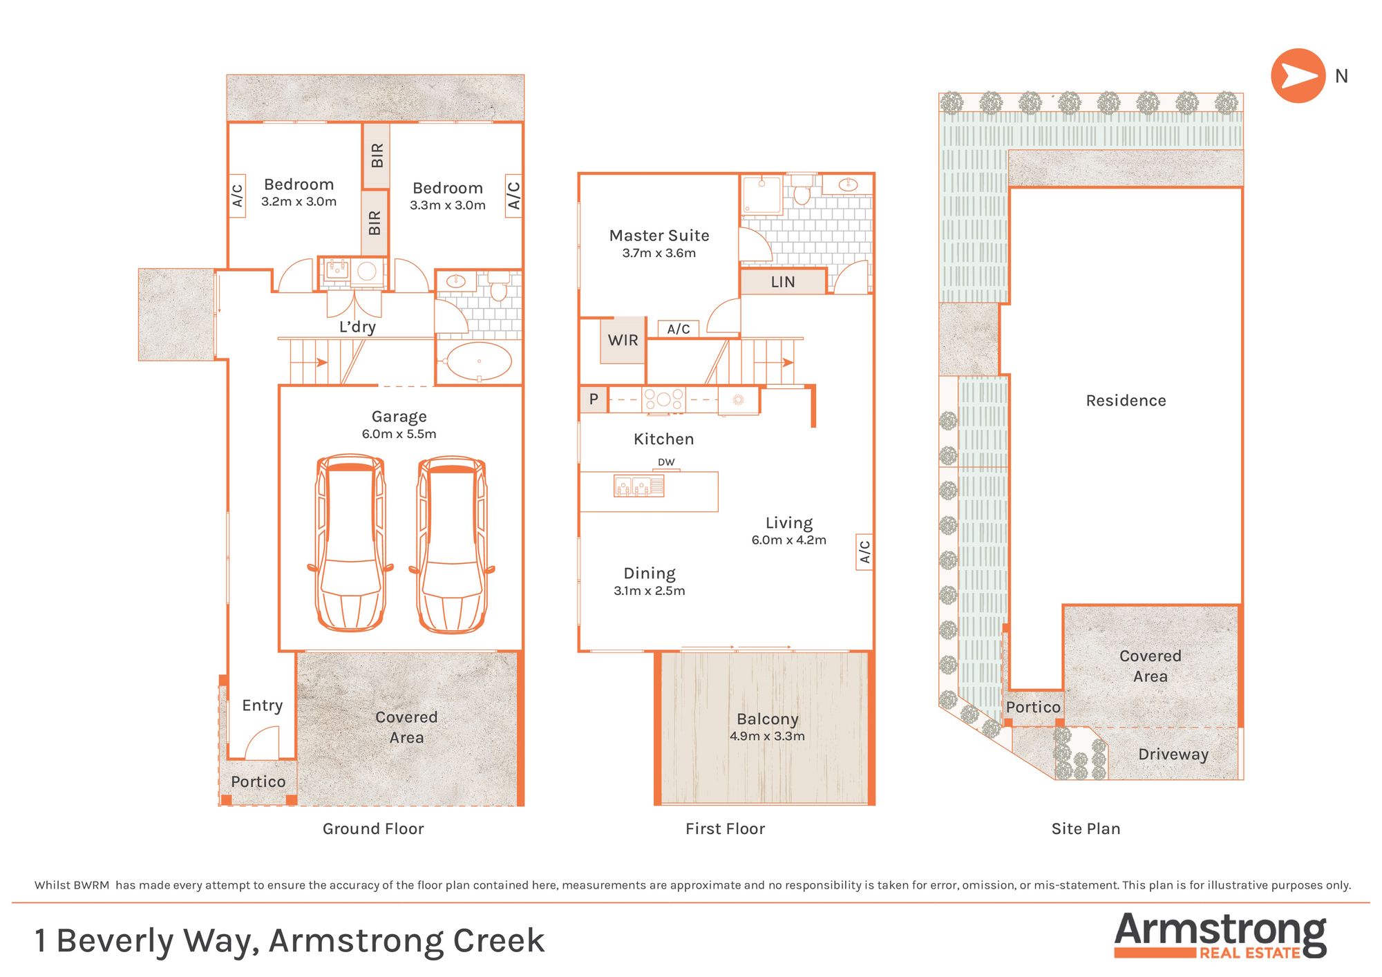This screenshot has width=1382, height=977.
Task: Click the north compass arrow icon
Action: [x=1298, y=76]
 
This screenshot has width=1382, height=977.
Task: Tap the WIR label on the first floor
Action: [x=623, y=340]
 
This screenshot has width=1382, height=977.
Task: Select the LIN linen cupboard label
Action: [x=783, y=282]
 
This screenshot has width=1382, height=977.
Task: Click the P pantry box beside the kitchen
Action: [x=594, y=399]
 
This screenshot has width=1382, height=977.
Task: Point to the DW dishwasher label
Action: [x=666, y=462]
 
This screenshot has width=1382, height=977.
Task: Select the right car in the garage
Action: [x=452, y=544]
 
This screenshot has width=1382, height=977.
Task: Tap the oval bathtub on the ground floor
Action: [x=480, y=361]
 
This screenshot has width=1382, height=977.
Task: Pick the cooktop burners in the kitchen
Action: [x=663, y=399]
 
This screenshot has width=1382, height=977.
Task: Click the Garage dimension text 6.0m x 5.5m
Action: [x=399, y=434]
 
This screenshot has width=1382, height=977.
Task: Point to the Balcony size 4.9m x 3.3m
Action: [x=767, y=737]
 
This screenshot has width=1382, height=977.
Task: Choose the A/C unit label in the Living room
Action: [x=864, y=551]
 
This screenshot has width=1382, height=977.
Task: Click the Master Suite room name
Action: [x=659, y=236]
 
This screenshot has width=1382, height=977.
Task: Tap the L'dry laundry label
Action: [x=357, y=327]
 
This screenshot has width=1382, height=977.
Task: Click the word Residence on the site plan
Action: [x=1126, y=401]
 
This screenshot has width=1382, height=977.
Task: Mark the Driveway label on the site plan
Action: [x=1173, y=755]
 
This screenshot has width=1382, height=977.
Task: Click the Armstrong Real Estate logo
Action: [x=1220, y=935]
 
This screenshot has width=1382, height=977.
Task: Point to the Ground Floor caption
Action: [x=373, y=828]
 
